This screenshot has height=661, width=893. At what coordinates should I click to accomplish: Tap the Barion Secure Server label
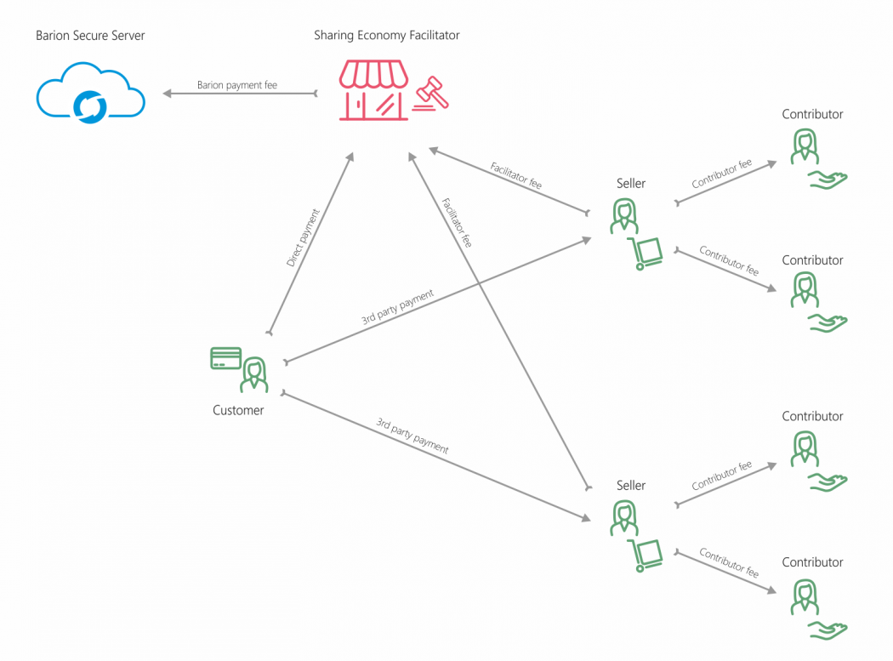click(90, 36)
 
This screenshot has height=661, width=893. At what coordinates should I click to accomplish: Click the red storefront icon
click(373, 89)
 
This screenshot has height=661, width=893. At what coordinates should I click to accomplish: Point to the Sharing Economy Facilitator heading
click(387, 35)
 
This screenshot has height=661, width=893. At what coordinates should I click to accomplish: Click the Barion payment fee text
click(237, 85)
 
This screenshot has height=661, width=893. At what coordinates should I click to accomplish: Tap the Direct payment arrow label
click(303, 238)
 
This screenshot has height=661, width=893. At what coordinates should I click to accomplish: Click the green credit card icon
click(225, 358)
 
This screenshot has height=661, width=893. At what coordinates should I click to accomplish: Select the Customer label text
click(238, 410)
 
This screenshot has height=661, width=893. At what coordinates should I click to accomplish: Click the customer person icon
click(253, 375)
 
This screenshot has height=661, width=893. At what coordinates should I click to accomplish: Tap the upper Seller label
click(631, 183)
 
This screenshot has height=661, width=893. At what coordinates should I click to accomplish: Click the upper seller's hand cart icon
click(646, 254)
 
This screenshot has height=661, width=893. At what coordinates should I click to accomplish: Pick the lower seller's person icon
click(624, 518)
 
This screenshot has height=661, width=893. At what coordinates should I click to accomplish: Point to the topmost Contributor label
click(812, 114)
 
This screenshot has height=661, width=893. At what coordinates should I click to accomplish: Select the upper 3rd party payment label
click(397, 307)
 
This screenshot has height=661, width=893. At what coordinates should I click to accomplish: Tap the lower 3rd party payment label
click(412, 436)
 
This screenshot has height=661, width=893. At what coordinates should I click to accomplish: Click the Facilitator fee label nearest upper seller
click(516, 175)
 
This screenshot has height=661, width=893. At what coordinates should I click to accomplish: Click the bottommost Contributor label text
click(812, 562)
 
